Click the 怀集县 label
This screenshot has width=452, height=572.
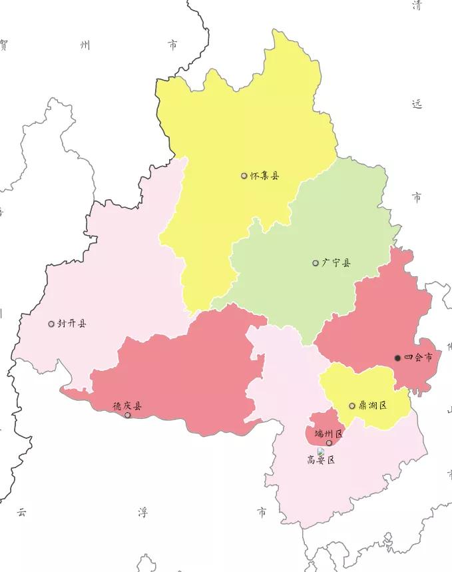coord(264,176)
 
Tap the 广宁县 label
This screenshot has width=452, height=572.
coord(336,263)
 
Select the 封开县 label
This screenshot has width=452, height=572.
coord(71,324)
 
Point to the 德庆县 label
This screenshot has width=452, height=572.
coord(126,406)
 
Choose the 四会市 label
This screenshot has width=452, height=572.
coord(419,358)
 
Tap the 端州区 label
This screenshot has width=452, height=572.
coord(328,433)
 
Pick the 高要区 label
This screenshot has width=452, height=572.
coord(320,459)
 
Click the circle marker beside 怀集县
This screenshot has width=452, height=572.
coord(244,176)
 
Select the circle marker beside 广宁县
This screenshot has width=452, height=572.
coord(316,263)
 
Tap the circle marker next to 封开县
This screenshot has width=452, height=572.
coord(51,324)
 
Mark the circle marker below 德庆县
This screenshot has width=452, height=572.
coord(128,416)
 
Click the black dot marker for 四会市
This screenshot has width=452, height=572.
coord(398,358)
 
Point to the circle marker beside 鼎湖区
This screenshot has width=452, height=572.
coord(352,406)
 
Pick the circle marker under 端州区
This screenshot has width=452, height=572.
coord(329,443)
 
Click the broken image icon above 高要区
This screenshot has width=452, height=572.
coord(321,451)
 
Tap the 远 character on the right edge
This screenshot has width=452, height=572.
coord(417,105)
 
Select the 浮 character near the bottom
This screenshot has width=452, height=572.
coord(142,512)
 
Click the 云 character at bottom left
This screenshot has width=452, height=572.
coord(22,512)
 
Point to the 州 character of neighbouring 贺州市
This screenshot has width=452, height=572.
coord(85,45)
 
